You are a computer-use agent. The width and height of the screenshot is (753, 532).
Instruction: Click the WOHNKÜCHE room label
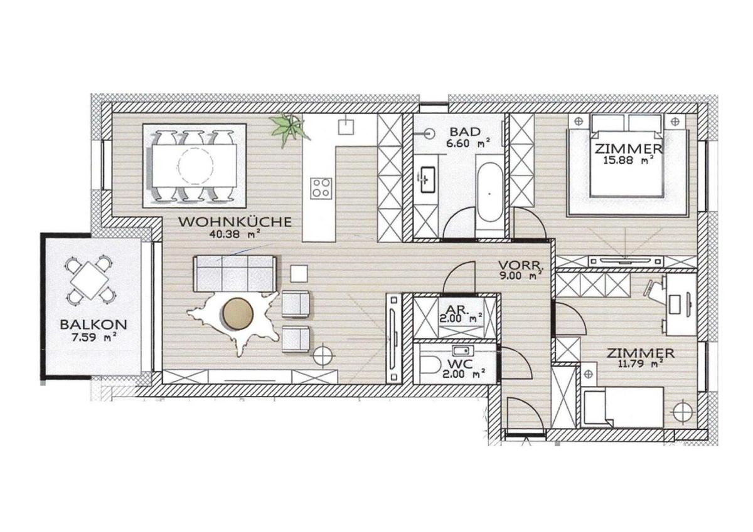[x=234, y=222]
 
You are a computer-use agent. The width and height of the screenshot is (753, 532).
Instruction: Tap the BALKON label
[x=93, y=325]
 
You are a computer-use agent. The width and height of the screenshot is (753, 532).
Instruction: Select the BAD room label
[x=465, y=132]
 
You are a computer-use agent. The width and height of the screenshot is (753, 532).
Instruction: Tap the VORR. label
[x=521, y=264]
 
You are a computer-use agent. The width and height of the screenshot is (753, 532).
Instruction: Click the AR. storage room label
[x=456, y=310]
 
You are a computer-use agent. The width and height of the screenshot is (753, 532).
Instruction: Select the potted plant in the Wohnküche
[x=290, y=128]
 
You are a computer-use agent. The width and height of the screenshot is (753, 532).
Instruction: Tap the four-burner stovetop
[x=321, y=188]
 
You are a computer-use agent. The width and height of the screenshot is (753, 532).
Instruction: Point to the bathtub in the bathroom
[x=489, y=194]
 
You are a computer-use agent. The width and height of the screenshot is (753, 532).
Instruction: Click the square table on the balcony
[x=90, y=281]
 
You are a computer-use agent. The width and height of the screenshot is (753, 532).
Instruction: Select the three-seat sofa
[x=235, y=273]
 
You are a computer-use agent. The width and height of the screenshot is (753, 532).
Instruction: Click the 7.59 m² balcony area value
[x=93, y=337]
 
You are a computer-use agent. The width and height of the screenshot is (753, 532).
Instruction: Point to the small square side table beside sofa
[x=299, y=274]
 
